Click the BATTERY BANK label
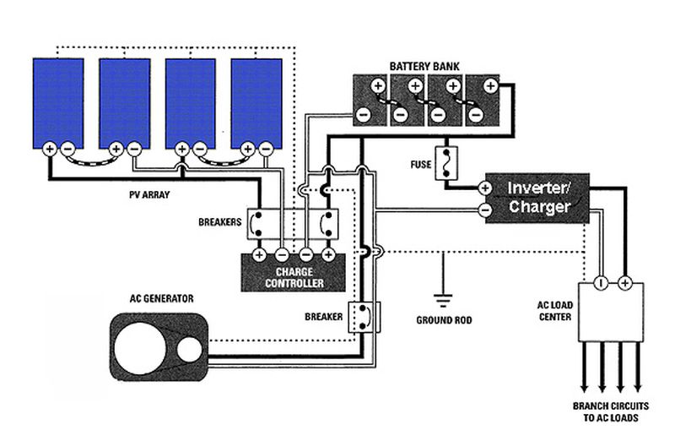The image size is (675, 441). click(425, 66)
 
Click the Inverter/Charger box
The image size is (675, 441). click(537, 198)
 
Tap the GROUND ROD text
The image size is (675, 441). click(444, 321)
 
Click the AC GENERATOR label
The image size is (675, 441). click(162, 298)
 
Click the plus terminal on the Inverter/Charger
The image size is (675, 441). click(486, 187)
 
